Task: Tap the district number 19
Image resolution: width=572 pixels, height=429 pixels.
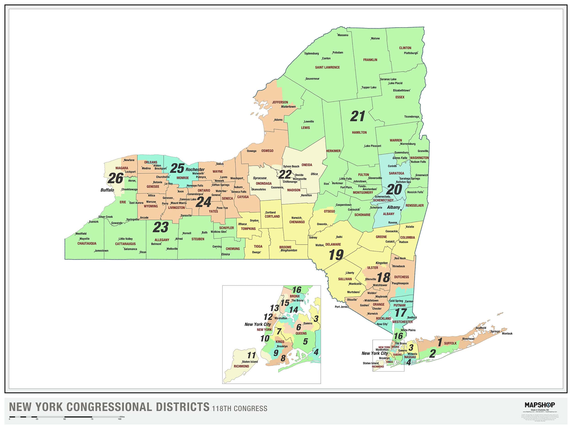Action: click(x=336, y=255)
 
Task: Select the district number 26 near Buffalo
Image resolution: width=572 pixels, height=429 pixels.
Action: click(x=115, y=178)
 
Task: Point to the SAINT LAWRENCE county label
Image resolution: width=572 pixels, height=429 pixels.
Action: click(x=327, y=67)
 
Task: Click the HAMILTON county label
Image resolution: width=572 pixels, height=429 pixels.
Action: click(x=359, y=132)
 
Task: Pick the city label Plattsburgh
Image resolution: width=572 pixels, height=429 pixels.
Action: click(x=411, y=53)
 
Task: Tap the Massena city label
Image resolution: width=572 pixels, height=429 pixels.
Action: click(x=343, y=35)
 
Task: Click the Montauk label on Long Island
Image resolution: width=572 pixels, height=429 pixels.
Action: click(x=507, y=334)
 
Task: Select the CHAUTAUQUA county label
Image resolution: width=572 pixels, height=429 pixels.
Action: click(x=87, y=243)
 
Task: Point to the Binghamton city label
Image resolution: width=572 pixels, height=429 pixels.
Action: click(x=289, y=250)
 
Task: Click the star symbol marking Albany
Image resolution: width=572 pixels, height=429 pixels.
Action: click(x=401, y=210)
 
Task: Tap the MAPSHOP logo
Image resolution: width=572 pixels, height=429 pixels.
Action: click(x=540, y=405)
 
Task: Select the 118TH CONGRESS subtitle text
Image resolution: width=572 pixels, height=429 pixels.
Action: click(x=240, y=409)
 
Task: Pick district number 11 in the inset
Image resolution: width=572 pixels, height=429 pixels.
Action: click(x=251, y=355)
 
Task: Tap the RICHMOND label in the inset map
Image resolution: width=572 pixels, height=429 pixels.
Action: click(x=241, y=366)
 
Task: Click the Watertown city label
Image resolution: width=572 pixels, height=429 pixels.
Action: click(x=288, y=107)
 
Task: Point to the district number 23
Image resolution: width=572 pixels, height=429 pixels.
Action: click(x=161, y=227)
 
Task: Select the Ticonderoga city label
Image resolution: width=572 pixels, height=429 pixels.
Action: click(x=411, y=117)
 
